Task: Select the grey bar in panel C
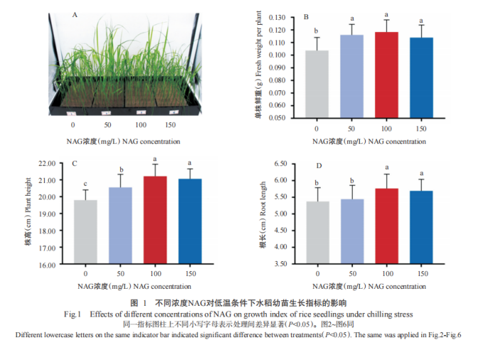click(85, 232)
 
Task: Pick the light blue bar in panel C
click(121, 226)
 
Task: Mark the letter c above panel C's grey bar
click(85, 183)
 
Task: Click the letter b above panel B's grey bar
click(317, 31)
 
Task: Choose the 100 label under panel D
click(387, 274)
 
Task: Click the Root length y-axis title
click(263, 213)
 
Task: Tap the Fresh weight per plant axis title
click(262, 64)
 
